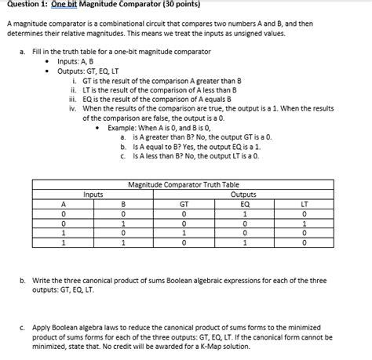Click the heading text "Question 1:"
click(x=26, y=5)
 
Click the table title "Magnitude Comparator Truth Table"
click(x=183, y=184)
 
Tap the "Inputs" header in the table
click(x=93, y=194)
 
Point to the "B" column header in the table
click(x=123, y=203)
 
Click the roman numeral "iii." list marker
click(x=73, y=97)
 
